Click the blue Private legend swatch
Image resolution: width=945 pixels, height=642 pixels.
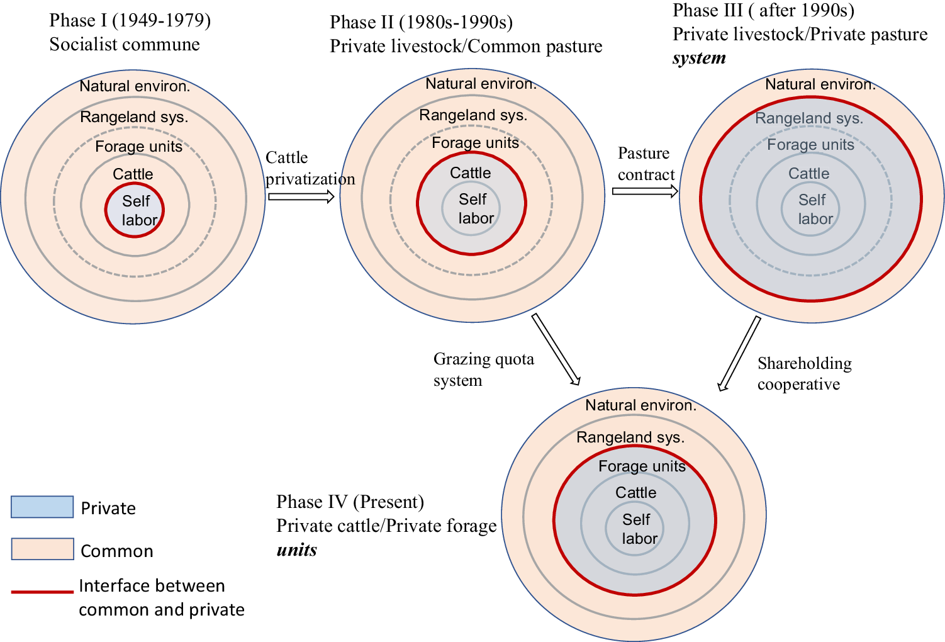click(42, 507)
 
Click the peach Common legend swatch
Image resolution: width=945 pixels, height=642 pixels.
click(42, 549)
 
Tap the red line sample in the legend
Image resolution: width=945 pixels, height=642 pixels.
click(42, 592)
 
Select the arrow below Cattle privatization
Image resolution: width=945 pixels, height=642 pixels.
click(301, 197)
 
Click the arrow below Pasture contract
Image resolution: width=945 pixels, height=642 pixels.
click(645, 191)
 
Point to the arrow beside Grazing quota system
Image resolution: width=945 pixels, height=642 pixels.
click(556, 349)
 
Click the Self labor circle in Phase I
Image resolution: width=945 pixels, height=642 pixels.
click(135, 210)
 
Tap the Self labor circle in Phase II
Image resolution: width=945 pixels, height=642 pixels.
click(471, 208)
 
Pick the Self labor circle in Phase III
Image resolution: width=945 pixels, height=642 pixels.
click(811, 209)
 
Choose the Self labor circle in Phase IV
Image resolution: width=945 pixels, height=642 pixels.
click(635, 529)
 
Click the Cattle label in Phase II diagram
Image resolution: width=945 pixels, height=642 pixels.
click(471, 173)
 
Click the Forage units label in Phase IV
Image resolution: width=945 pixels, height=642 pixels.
click(642, 466)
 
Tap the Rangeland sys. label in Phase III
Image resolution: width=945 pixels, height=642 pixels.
click(809, 118)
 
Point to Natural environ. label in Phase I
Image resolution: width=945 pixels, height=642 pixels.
click(135, 86)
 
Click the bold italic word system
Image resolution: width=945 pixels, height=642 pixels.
click(699, 59)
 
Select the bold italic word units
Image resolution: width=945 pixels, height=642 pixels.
click(297, 550)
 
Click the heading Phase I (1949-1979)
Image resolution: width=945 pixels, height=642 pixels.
click(130, 21)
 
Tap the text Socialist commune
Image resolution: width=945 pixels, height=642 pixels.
click(125, 45)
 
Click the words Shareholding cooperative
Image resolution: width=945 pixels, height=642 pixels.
click(804, 374)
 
